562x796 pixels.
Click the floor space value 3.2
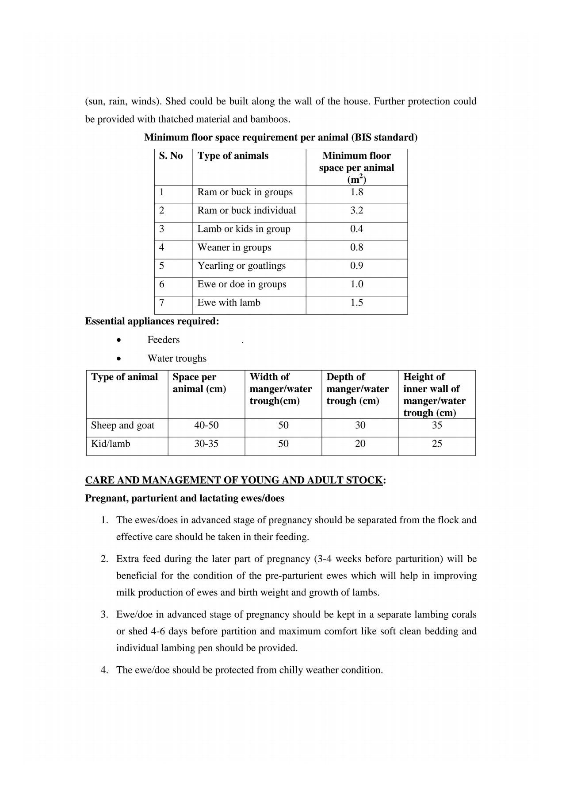click(x=356, y=210)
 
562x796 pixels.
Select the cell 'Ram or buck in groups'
click(x=245, y=192)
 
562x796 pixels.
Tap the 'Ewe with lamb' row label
click(x=229, y=303)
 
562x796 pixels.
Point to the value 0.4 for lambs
click(x=356, y=229)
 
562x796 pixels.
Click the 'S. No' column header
click(x=171, y=156)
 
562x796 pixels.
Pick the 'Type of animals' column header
click(x=233, y=156)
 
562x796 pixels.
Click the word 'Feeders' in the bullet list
click(x=164, y=340)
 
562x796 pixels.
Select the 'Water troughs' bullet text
click(x=177, y=359)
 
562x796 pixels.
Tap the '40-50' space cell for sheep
click(x=206, y=425)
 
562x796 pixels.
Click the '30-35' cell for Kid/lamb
click(x=206, y=444)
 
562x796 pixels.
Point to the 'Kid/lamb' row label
click(x=111, y=444)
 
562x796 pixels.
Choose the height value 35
click(x=437, y=425)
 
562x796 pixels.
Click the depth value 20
click(x=360, y=444)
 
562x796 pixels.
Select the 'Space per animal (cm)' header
click(x=199, y=383)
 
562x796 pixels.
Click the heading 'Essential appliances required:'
click(x=152, y=321)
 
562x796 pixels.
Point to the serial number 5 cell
click(x=162, y=266)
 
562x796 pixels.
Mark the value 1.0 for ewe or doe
click(x=356, y=284)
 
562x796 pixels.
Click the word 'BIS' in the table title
click(x=363, y=138)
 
